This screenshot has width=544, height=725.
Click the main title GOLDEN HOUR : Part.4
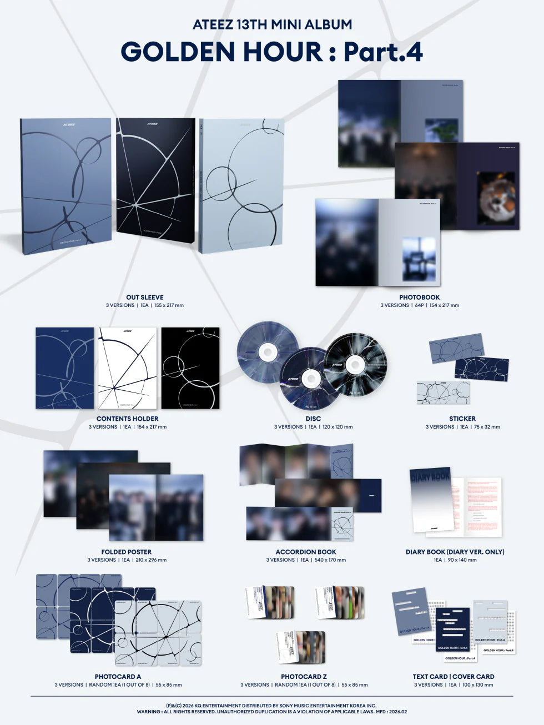pos(271,52)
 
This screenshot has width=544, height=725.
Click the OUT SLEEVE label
pos(144,297)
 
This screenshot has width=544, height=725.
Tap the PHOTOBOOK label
pos(419,297)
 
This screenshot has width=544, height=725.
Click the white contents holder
pos(127,368)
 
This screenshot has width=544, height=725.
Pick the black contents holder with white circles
pos(190,368)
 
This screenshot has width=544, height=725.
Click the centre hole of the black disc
pos(355,364)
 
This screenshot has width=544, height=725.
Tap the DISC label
pos(313,419)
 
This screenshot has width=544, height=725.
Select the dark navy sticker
pos(481,369)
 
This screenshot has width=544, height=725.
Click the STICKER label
pos(462,419)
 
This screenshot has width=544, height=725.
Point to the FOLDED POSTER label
pos(126,552)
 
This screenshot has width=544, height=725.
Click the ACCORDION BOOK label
pos(306,552)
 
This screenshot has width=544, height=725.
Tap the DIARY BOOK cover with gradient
pos(430,502)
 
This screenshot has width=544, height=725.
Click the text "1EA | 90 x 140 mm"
pos(455,560)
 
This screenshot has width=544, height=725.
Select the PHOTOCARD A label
pos(118,677)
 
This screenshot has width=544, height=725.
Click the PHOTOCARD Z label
pos(304,677)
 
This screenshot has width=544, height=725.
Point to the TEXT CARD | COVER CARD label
pos(453,677)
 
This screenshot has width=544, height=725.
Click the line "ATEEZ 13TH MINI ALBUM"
pos(272,25)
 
